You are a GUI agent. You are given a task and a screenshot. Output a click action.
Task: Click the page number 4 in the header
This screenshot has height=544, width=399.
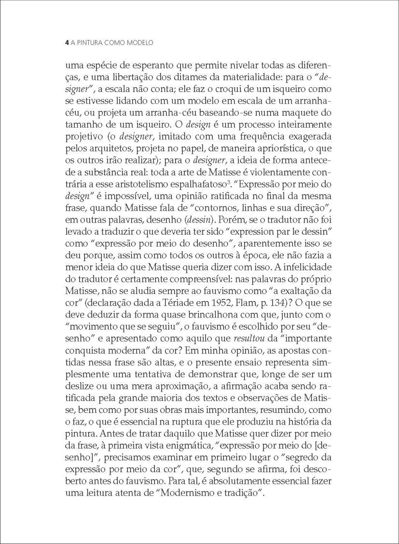click(x=67, y=43)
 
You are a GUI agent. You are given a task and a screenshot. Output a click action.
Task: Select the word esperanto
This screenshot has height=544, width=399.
click(x=146, y=65)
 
